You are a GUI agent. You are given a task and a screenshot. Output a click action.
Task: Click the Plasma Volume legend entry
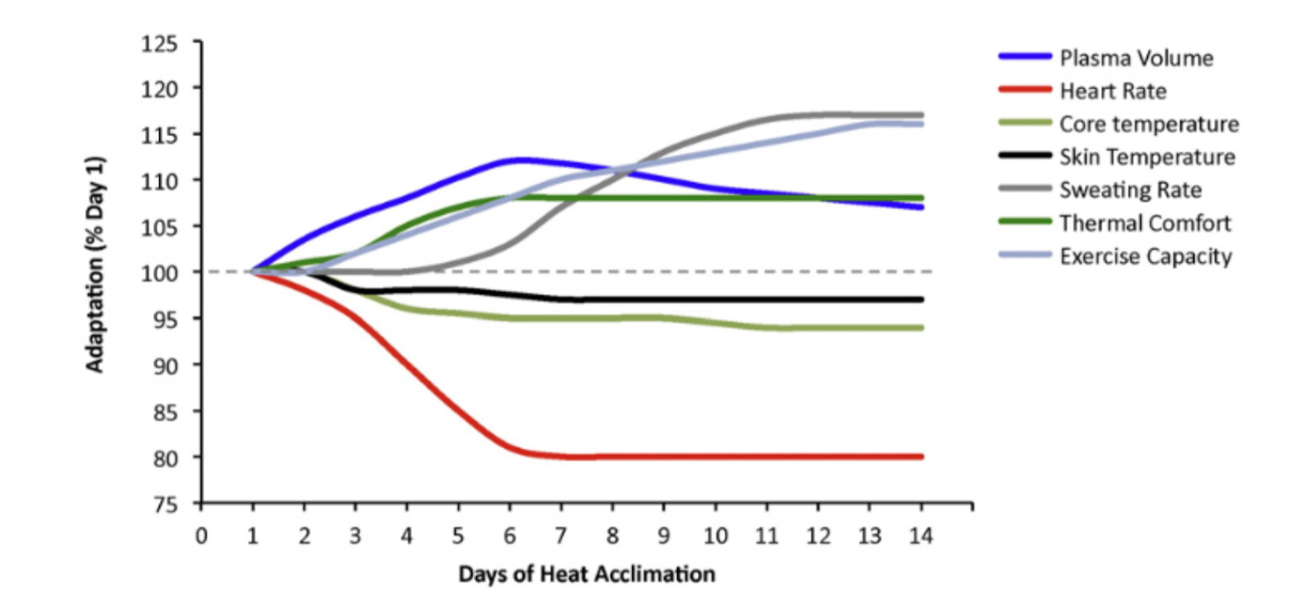click(1135, 58)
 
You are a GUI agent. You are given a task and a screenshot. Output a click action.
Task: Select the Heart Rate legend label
click(1113, 91)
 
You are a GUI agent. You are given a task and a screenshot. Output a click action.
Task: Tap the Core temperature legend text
click(1149, 124)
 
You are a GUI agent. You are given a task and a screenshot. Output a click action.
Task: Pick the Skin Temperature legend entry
click(1147, 157)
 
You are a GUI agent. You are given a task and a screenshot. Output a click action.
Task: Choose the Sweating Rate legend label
click(1130, 190)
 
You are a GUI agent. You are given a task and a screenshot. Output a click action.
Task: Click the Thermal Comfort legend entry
click(1144, 223)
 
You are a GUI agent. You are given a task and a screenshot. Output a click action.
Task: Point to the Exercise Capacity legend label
click(1145, 256)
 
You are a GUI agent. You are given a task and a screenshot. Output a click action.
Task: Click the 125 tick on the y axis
click(159, 43)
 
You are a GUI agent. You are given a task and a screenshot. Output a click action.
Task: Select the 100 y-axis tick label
click(159, 273)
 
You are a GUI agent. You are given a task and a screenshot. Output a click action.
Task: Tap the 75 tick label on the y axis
click(164, 505)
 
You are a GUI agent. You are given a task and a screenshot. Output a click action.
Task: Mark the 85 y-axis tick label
click(164, 412)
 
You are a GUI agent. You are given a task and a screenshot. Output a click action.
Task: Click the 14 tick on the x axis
click(921, 536)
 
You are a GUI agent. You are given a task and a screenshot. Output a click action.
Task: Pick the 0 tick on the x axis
click(201, 536)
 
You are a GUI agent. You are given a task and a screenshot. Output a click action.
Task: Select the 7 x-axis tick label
click(561, 536)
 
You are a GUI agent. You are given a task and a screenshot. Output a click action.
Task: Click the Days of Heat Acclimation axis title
click(587, 574)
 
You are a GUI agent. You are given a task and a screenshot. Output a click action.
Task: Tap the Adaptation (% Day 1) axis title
click(95, 264)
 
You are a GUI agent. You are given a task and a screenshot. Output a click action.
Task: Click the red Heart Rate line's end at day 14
click(921, 456)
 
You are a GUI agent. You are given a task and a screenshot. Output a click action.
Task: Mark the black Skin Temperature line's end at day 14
click(921, 300)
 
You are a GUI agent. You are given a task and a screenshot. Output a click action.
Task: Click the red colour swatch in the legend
click(1024, 89)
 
